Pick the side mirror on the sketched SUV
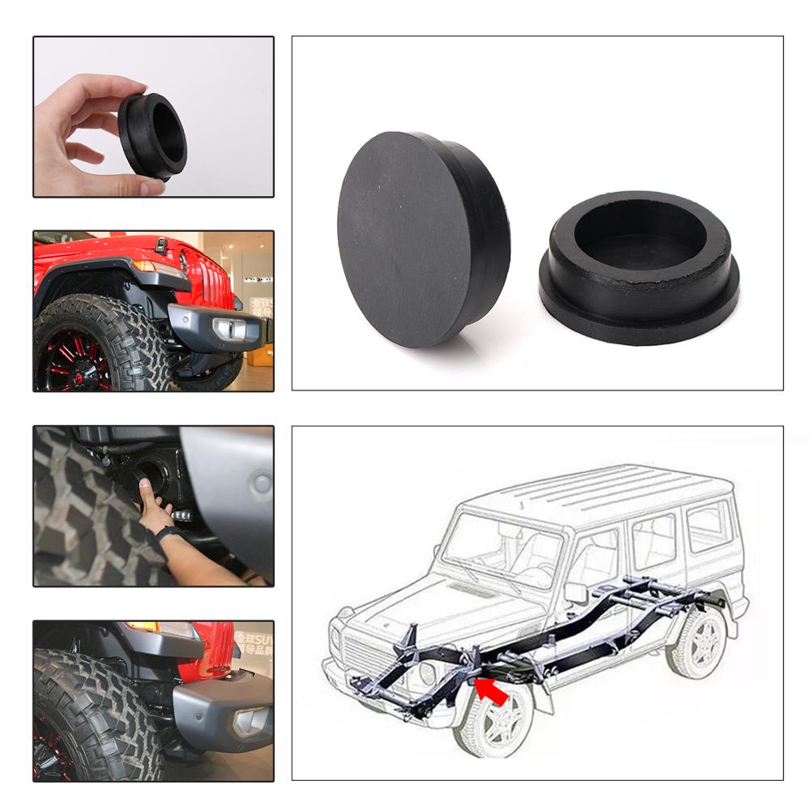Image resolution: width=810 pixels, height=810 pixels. pos(576,592)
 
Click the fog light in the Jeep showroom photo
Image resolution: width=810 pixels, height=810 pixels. pos(224,327)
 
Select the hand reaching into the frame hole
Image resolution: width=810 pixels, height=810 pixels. pos(154,498)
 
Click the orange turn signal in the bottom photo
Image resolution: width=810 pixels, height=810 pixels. pos(143,627)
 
